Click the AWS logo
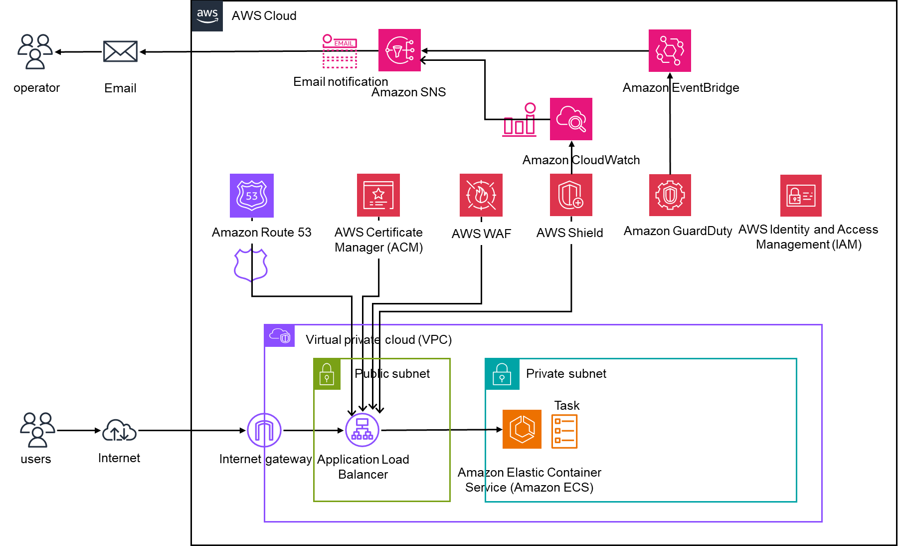click(x=207, y=15)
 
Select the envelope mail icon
click(x=120, y=51)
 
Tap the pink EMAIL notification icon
click(x=340, y=51)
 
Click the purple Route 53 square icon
click(x=252, y=196)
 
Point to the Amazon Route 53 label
click(x=261, y=233)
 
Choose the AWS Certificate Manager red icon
click(x=378, y=195)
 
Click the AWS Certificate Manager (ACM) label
click(x=378, y=240)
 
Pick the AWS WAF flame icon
click(x=481, y=195)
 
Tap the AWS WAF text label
click(x=481, y=234)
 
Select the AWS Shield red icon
click(x=571, y=195)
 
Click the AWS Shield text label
click(x=569, y=233)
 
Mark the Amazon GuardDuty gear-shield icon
click(x=670, y=195)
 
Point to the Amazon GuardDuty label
click(x=678, y=231)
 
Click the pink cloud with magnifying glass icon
click(x=571, y=119)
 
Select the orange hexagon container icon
click(x=522, y=429)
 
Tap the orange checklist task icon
click(x=564, y=431)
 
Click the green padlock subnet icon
click(x=327, y=374)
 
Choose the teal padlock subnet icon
click(x=502, y=374)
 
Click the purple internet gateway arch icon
click(x=264, y=430)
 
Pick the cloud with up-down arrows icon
click(x=119, y=430)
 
